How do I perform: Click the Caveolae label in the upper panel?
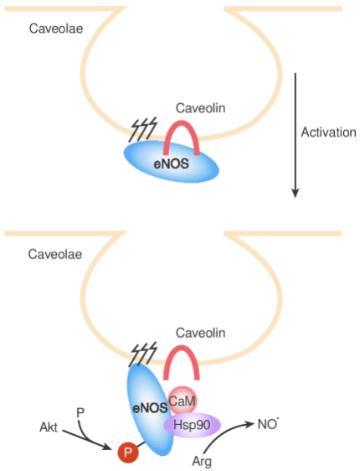(56, 28)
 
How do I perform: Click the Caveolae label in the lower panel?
(55, 255)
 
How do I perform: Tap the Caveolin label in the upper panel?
(200, 108)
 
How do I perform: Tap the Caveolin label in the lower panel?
(200, 333)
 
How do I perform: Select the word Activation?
(328, 132)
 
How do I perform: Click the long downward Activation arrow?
(296, 135)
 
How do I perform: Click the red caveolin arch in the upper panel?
(182, 122)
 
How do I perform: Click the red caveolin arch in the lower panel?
(182, 347)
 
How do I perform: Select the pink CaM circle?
(183, 401)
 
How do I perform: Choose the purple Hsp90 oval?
(192, 425)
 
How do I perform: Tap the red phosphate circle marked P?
(128, 452)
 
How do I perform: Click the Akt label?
(49, 427)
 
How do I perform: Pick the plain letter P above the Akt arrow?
(80, 413)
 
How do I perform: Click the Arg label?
(202, 461)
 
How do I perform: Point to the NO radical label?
(268, 424)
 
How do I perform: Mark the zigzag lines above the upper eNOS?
(143, 129)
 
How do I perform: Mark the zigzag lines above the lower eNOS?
(143, 354)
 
